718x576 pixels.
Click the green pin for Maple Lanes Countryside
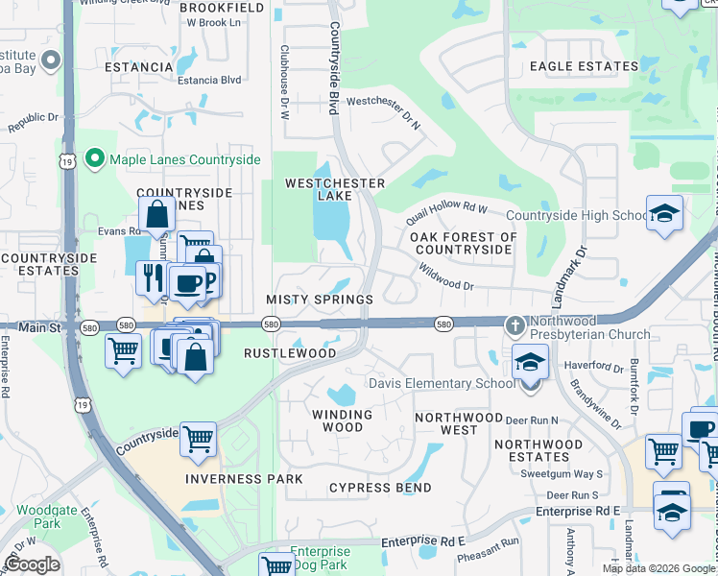[94, 158]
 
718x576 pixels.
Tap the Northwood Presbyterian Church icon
[515, 324]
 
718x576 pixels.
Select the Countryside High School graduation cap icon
[664, 214]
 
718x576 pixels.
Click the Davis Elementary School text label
[443, 384]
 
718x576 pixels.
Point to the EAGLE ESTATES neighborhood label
[584, 66]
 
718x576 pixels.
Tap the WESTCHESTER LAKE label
[335, 189]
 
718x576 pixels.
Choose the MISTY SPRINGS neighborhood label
[320, 300]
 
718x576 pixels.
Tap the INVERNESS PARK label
[245, 479]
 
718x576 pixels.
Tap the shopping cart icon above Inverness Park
[198, 439]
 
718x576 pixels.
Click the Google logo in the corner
[32, 564]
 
